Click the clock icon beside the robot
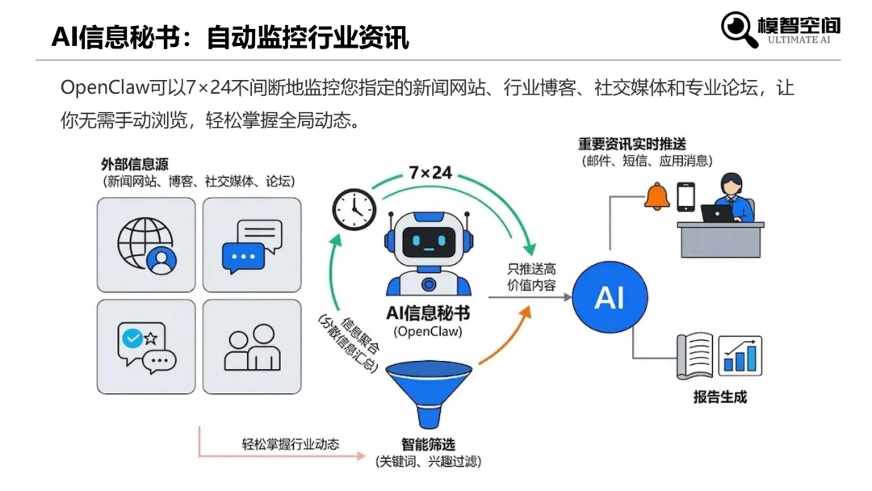(x=354, y=209)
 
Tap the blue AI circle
(x=610, y=298)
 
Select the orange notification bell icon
(x=656, y=195)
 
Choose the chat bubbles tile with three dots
(x=251, y=245)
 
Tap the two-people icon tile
(x=251, y=347)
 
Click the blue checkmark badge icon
(x=130, y=338)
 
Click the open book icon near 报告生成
(x=695, y=355)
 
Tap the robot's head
(x=427, y=238)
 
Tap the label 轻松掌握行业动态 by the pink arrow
(x=291, y=444)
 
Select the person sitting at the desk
(x=731, y=199)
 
